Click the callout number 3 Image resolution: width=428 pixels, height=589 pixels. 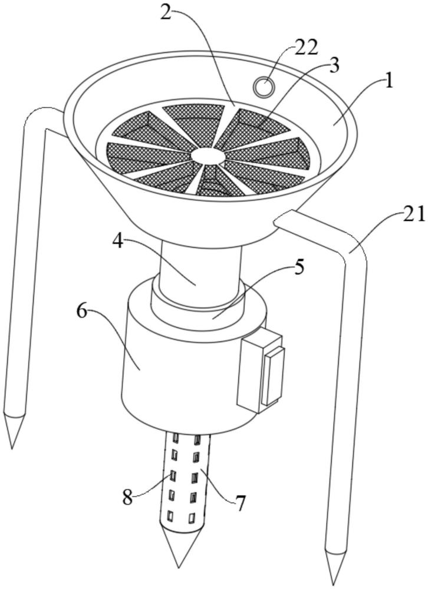333,66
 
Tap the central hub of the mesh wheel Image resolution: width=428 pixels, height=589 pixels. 208,155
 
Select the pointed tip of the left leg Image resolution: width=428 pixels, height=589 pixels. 12,448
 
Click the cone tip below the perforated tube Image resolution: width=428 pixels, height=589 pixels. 179,567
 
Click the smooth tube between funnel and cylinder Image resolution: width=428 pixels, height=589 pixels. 199,271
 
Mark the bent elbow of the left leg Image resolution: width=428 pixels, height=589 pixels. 36,117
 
